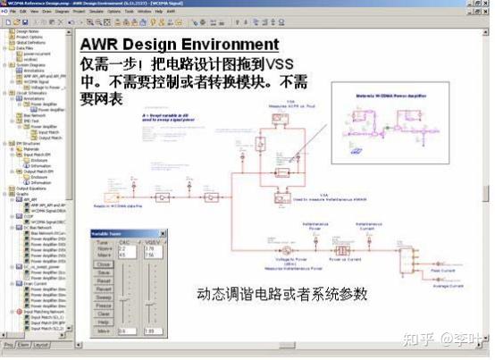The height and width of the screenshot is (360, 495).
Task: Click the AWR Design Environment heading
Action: (x=179, y=45)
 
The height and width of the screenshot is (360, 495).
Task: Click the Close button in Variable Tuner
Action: (x=104, y=265)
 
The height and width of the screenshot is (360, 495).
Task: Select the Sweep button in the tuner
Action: (x=104, y=297)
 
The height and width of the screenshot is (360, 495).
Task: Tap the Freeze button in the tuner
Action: (x=104, y=306)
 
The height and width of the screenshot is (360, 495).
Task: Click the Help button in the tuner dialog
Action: (x=104, y=322)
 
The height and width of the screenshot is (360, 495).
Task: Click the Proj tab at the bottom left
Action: (x=8, y=345)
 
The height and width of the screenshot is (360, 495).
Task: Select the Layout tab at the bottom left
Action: (x=41, y=345)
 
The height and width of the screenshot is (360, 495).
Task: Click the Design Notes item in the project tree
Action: (x=28, y=30)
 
